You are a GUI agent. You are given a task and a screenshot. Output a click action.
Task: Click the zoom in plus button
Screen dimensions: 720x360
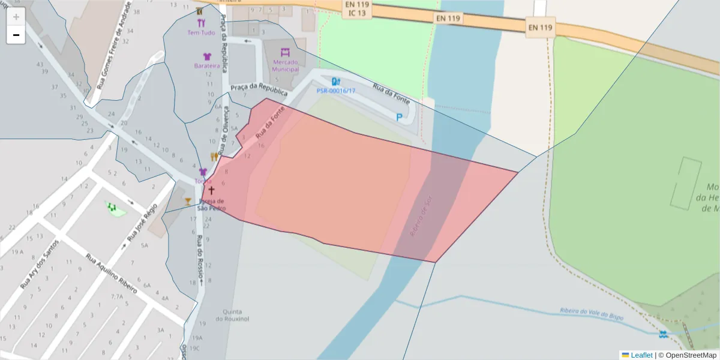click(x=16, y=16)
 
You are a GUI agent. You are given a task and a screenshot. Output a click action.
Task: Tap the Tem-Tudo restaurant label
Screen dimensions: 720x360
click(x=201, y=32)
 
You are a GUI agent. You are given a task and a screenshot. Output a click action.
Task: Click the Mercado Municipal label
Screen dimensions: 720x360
click(x=285, y=65)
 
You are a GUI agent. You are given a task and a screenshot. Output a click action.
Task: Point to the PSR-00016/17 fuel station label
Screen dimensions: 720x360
click(x=336, y=91)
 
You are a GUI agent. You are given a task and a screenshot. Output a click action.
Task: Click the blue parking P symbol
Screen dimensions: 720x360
click(x=399, y=118)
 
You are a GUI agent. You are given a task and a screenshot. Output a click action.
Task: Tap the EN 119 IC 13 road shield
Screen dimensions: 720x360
click(x=358, y=8)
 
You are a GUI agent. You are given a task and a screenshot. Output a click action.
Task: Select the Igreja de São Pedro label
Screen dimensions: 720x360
click(x=212, y=205)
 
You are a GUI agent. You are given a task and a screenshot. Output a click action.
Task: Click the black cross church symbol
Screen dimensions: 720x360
click(x=211, y=190)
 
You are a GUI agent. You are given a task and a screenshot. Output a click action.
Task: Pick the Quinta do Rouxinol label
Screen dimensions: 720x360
click(x=232, y=315)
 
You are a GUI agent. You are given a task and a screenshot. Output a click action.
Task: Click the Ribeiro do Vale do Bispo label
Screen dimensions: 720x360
click(x=591, y=313)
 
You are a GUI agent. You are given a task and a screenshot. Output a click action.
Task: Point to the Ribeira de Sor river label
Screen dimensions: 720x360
click(x=421, y=214)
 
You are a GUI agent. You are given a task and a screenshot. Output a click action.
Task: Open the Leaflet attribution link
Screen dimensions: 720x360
click(x=641, y=355)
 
